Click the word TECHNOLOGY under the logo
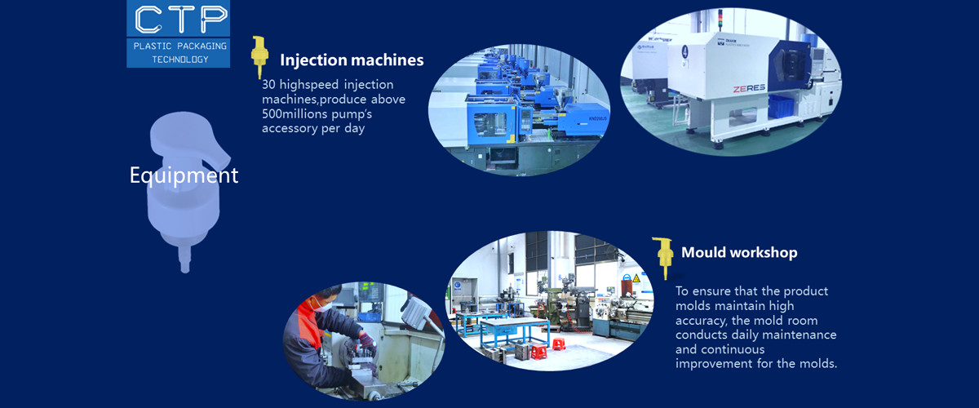[x=179, y=60]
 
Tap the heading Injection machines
[x=352, y=60]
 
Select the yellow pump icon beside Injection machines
[x=259, y=57]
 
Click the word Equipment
[x=184, y=175]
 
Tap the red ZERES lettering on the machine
[x=748, y=87]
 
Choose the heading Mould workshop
[x=739, y=252]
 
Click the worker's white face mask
[x=322, y=308]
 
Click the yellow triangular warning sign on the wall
[x=636, y=278]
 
